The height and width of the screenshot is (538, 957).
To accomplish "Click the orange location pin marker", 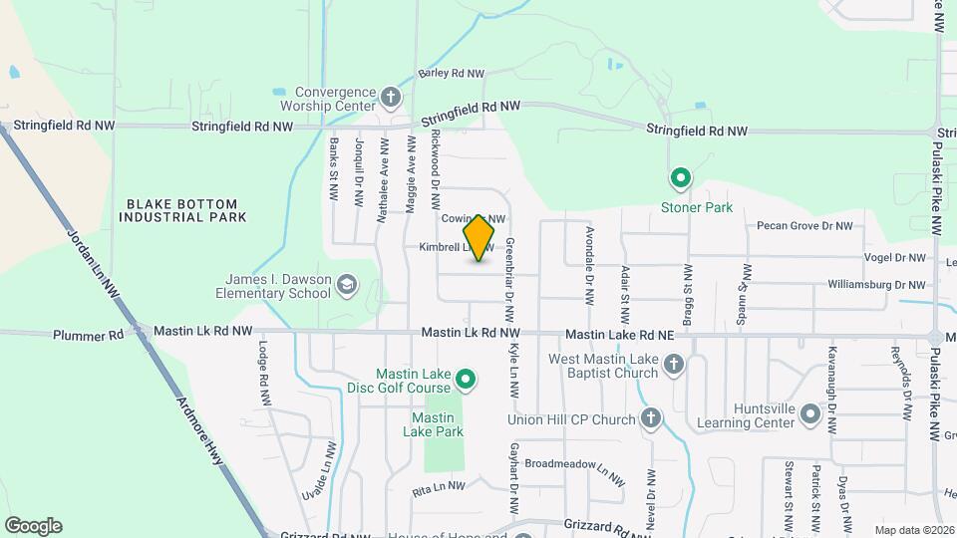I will pyautogui.click(x=479, y=238).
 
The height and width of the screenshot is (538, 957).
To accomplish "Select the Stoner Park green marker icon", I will pyautogui.click(x=681, y=179).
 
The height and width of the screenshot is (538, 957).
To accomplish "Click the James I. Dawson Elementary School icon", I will pyautogui.click(x=346, y=286).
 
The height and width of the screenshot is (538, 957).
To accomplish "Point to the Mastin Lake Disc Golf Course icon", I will pyautogui.click(x=466, y=379).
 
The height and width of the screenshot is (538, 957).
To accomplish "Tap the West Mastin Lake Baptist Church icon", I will pyautogui.click(x=674, y=365).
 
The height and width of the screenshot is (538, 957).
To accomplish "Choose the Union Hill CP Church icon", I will pyautogui.click(x=651, y=418).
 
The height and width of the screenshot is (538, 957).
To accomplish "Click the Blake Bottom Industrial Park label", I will pyautogui.click(x=186, y=209).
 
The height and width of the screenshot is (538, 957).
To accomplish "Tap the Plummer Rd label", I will pyautogui.click(x=89, y=335).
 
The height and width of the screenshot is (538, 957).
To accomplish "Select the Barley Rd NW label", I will pyautogui.click(x=451, y=74).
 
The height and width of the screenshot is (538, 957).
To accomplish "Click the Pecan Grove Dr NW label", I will pyautogui.click(x=804, y=226).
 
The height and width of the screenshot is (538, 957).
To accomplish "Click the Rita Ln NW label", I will pyautogui.click(x=440, y=487).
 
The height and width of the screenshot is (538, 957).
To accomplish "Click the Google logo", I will pyautogui.click(x=33, y=526).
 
